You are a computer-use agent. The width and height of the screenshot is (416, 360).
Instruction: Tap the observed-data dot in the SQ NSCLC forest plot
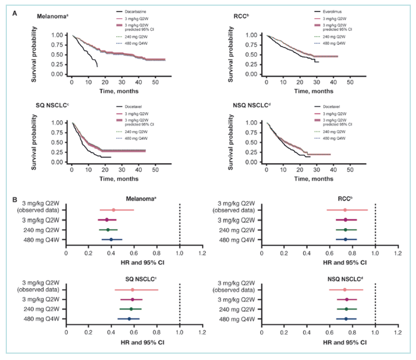[132, 290]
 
